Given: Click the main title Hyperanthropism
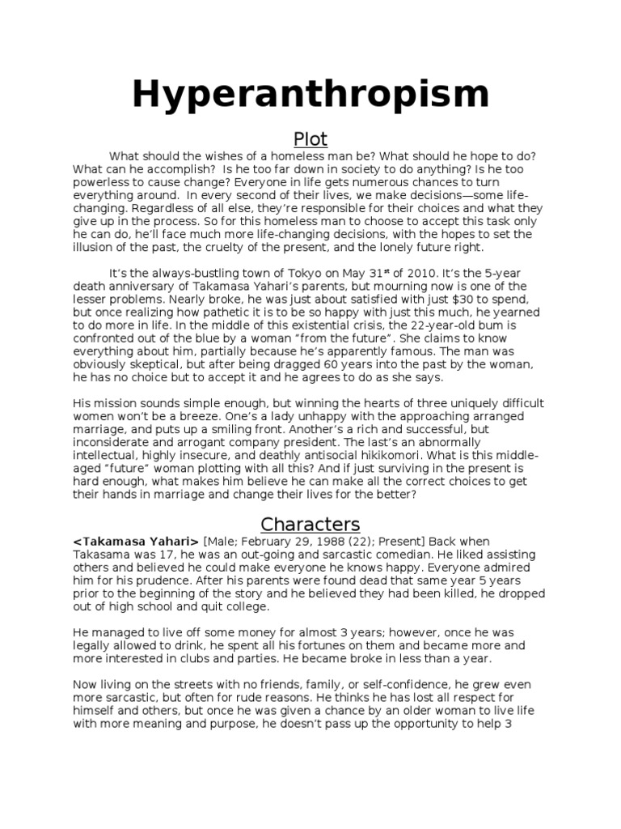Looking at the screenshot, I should coord(310,95).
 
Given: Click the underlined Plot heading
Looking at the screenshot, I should coord(310,139).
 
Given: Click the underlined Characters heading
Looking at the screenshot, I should coord(310,524).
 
